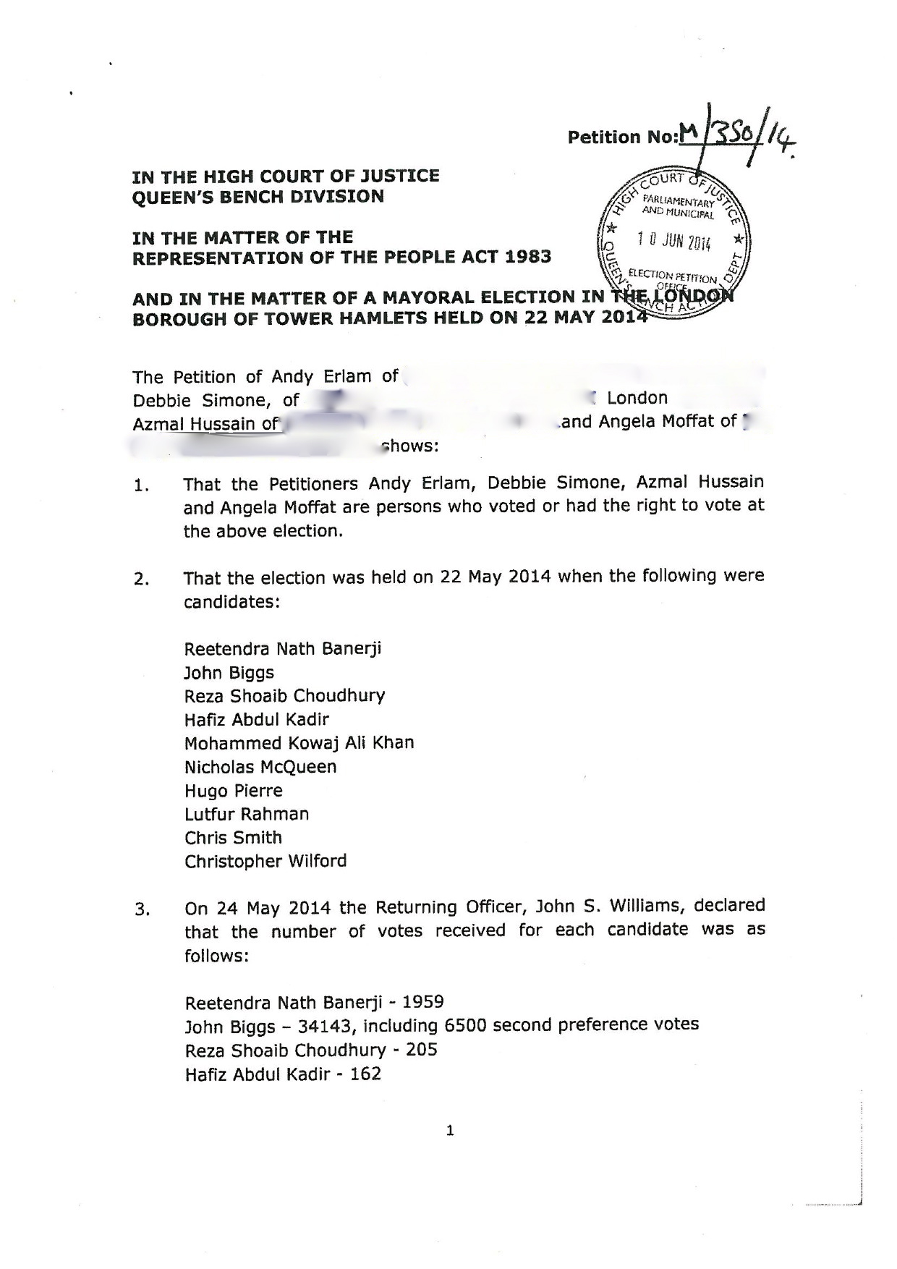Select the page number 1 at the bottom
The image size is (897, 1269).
pos(450,1131)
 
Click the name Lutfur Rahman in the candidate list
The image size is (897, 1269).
pos(246,814)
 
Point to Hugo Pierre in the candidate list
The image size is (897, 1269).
pos(233,790)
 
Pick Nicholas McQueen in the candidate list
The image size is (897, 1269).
pos(260,766)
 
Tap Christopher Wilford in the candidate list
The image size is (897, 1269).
pos(265,861)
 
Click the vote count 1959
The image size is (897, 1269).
pos(422,1002)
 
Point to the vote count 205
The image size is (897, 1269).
pos(422,1049)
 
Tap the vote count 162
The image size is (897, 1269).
pos(365,1074)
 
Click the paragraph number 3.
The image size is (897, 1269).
pos(142,909)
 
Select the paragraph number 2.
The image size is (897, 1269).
pos(142,580)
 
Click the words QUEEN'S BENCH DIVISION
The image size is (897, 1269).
pos(258,197)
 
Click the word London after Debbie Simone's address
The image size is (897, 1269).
pos(637,398)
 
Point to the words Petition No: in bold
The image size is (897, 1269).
pos(621,137)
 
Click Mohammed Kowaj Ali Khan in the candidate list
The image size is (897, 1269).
pos(299,743)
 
